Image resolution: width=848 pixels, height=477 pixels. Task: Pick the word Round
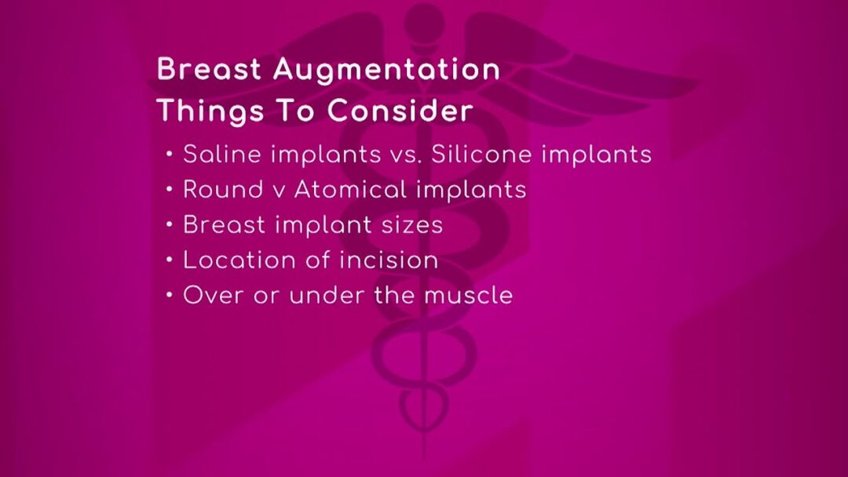pyautogui.click(x=223, y=190)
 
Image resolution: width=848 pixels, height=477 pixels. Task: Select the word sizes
pyautogui.click(x=412, y=225)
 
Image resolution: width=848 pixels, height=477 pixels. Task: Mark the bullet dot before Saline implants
pyautogui.click(x=170, y=155)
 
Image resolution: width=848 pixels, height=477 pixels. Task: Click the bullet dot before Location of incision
pyautogui.click(x=170, y=260)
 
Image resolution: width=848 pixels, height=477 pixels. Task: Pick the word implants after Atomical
pyautogui.click(x=472, y=191)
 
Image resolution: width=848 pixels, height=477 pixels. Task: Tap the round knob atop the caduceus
pyautogui.click(x=425, y=23)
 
